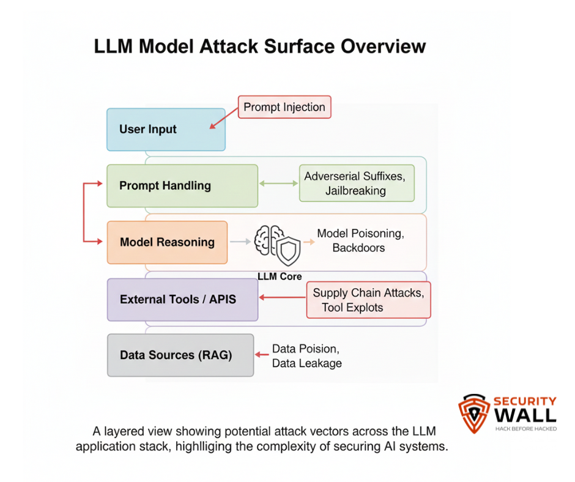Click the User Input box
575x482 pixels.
click(x=166, y=130)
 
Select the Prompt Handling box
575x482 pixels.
click(x=182, y=186)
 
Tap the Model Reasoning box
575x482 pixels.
click(x=167, y=242)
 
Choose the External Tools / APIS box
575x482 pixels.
click(x=182, y=300)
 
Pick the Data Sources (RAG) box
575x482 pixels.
click(x=180, y=355)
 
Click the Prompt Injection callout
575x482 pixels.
click(x=284, y=107)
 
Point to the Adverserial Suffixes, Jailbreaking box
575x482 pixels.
click(x=357, y=183)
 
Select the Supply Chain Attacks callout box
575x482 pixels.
click(x=368, y=300)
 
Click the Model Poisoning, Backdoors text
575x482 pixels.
click(x=360, y=240)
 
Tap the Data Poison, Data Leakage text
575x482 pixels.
click(x=306, y=355)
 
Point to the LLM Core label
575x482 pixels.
click(x=280, y=276)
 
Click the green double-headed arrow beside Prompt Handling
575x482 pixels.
click(x=278, y=183)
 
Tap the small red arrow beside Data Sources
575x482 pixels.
click(x=262, y=354)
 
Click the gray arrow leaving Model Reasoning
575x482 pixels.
click(x=240, y=242)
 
